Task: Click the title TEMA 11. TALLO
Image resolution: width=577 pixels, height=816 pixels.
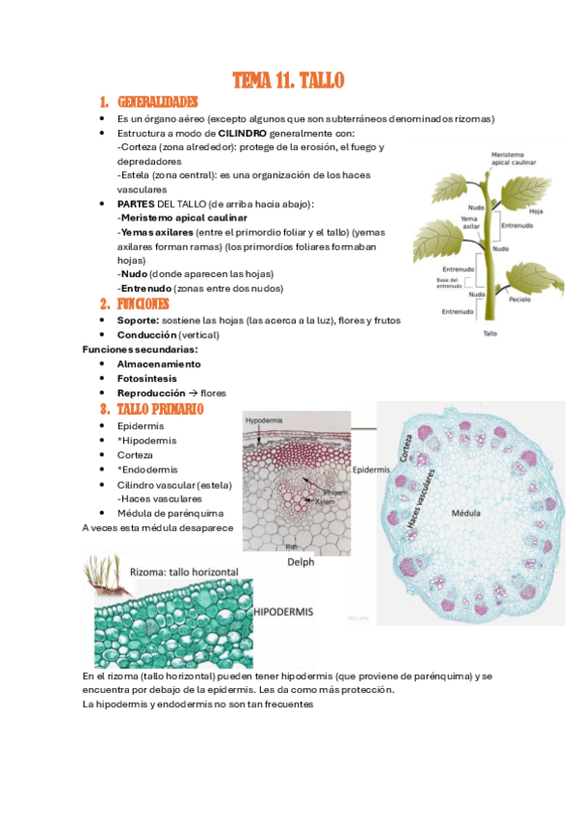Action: coord(288,81)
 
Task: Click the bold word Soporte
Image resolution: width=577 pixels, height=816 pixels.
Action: coord(138,319)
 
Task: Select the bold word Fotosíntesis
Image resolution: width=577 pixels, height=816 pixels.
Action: coord(147,378)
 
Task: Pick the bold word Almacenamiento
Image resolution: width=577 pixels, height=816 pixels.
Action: coord(159,364)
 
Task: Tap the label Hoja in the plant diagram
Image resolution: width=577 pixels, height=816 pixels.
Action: coord(537,211)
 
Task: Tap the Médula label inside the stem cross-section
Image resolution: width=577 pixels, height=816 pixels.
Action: coord(466,513)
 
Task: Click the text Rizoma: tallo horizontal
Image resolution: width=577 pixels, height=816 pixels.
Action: coord(184,572)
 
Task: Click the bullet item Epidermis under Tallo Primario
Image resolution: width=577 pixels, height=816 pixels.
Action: coord(141,425)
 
